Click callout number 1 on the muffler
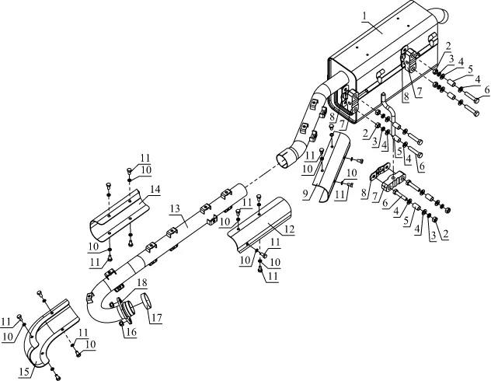point(364,17)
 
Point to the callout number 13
point(176,208)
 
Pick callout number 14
point(155,189)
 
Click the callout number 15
point(24,372)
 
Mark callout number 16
point(131,332)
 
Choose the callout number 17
point(157,318)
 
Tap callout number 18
point(142,282)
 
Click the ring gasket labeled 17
point(146,300)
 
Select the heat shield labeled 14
point(119,215)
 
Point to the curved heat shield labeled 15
point(50,332)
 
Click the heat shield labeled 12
point(260,224)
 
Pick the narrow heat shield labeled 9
point(332,166)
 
